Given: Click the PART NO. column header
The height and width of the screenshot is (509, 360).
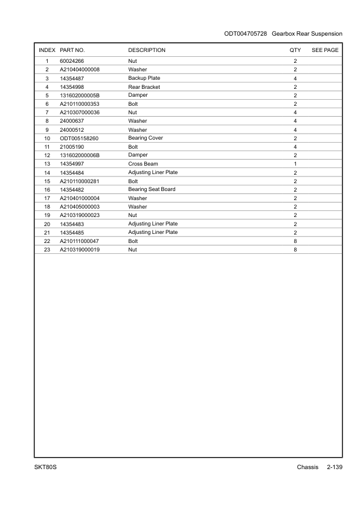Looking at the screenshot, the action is pos(72,50).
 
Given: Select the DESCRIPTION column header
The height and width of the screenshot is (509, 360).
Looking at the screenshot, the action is pos(147,50).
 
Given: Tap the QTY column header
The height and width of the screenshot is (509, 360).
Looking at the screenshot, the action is pos(295,50).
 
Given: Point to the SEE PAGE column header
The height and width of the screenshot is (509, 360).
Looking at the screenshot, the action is pos(325,50).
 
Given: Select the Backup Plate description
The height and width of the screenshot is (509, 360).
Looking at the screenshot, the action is pos(144,79).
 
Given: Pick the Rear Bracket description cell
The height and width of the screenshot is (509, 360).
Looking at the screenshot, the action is pos(144,87).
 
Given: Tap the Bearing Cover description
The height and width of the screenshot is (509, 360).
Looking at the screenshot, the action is pos(146,138).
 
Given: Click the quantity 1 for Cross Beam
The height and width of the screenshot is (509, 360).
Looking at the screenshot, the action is pos(295,164).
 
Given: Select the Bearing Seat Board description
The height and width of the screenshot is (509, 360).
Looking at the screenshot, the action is pos(152,189).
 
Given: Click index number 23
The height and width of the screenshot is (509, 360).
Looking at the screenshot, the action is pos(47,249).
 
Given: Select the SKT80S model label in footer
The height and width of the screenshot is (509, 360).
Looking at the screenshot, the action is pos(46,467).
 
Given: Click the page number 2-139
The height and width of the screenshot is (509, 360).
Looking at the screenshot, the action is pos(334,467).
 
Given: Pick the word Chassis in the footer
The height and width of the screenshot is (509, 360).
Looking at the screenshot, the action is pos(307,467).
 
